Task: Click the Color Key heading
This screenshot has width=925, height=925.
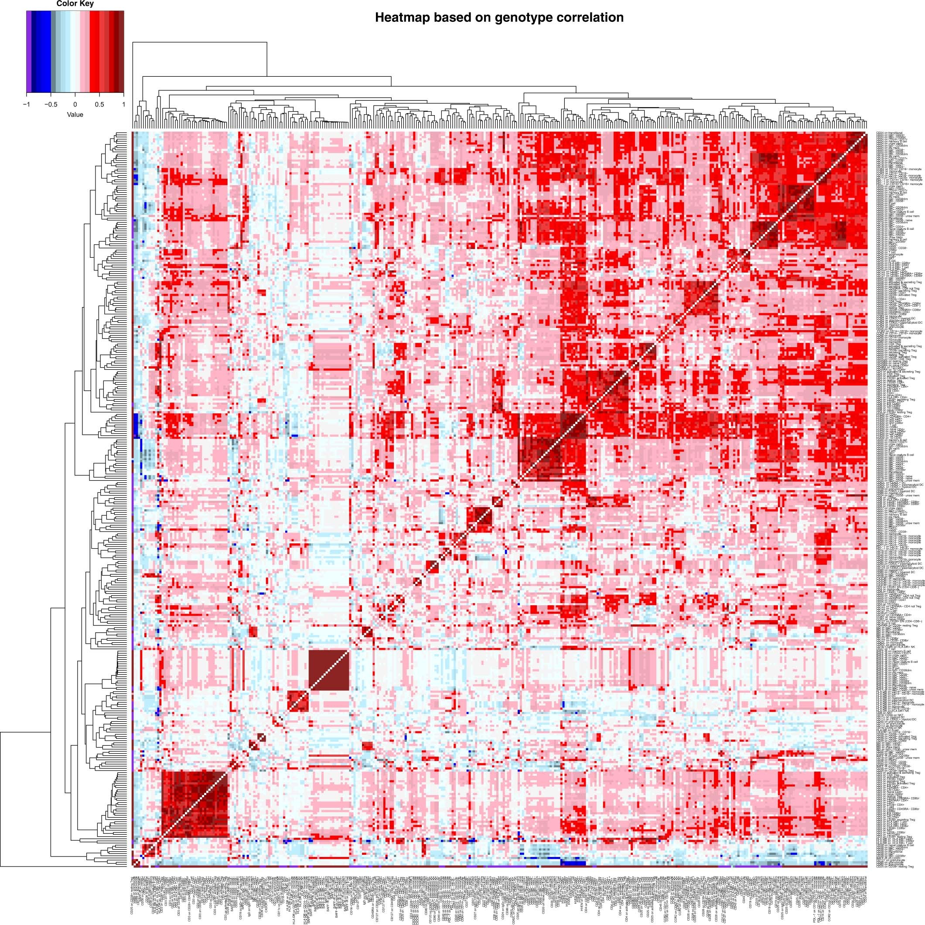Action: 75,4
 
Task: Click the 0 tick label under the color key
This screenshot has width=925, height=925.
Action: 75,104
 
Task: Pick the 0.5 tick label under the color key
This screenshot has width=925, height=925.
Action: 99,104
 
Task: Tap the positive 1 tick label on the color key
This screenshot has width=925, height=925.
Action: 123,104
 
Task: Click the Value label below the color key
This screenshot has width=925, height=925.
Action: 75,114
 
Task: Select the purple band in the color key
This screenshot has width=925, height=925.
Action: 29,51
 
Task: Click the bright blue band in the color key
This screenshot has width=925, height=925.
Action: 43,51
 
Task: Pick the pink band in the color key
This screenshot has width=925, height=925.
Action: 85,51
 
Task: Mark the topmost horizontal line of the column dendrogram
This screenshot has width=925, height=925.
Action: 200,42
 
